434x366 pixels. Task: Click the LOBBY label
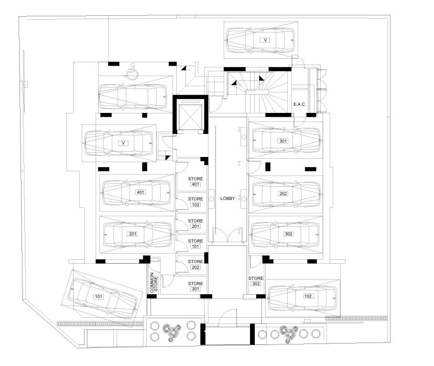point(228,199)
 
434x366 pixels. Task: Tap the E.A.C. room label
point(300,104)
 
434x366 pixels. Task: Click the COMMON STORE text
point(153,283)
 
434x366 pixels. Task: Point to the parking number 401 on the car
point(141,192)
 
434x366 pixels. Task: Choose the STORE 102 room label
point(195,202)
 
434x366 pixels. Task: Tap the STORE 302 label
point(256,281)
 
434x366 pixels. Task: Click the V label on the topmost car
point(265,40)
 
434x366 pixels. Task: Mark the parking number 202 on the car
point(283,194)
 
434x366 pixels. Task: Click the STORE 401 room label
point(195,181)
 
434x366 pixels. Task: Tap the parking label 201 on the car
point(132,234)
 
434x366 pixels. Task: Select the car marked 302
point(285,233)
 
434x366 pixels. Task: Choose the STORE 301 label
point(195,286)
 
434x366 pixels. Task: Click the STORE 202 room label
point(195,264)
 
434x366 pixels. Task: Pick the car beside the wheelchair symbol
point(132,97)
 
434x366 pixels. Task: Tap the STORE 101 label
point(195,244)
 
